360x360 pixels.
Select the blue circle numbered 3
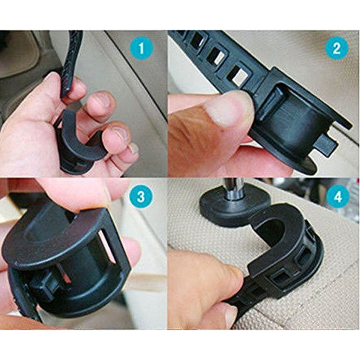click(x=143, y=197)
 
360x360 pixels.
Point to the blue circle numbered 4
click(x=337, y=197)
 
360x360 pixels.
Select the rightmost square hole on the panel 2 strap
click(x=238, y=74)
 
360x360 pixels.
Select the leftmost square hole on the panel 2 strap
click(x=198, y=41)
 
